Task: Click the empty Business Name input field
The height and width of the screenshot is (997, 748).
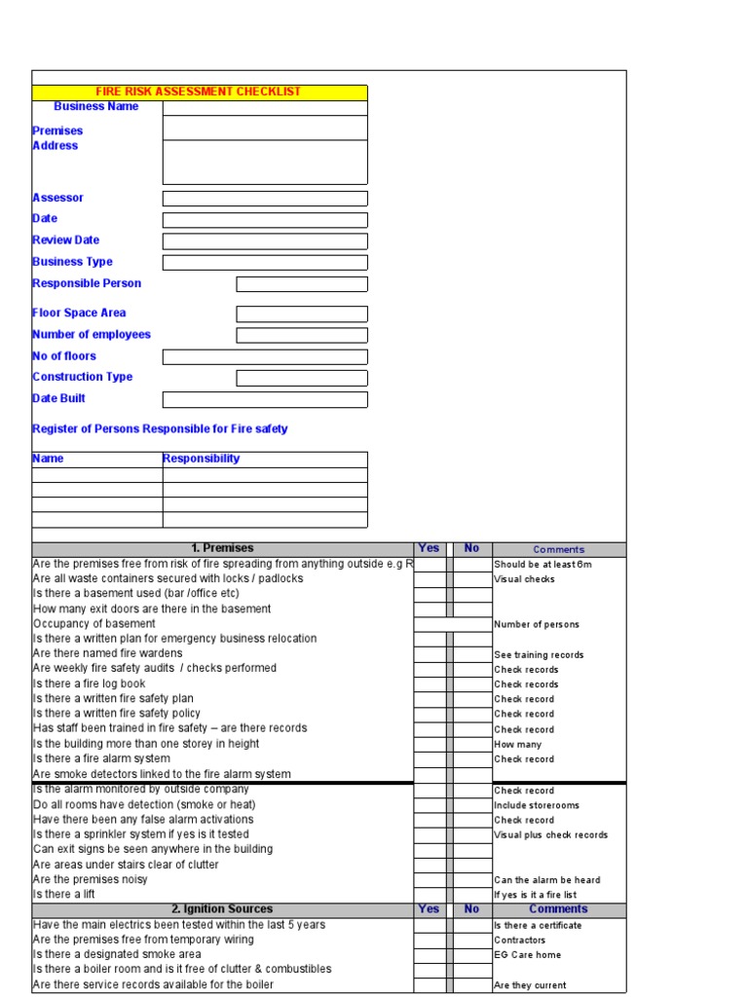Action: (265, 107)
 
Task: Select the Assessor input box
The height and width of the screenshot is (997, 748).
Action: (265, 199)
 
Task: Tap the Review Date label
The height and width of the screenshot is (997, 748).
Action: (65, 240)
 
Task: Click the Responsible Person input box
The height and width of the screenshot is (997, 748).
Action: (302, 284)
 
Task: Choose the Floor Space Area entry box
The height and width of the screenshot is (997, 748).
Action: (302, 314)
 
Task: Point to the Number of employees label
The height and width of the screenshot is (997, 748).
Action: (92, 335)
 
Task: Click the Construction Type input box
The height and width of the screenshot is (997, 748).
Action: (302, 378)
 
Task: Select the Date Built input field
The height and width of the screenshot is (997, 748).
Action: (265, 399)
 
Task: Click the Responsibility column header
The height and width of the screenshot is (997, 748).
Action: (201, 459)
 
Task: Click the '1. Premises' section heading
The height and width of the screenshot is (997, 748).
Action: (222, 549)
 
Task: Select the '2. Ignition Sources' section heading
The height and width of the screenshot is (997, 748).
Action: (222, 909)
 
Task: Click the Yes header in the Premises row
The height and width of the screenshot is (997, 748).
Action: (429, 549)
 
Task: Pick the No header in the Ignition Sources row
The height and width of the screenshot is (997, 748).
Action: (472, 909)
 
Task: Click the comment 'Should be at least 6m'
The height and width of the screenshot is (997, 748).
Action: (542, 565)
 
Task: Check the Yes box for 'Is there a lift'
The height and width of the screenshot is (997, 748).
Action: (430, 894)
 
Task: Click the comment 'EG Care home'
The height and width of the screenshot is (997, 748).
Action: (527, 955)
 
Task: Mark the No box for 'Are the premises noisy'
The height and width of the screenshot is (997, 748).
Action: (472, 879)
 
